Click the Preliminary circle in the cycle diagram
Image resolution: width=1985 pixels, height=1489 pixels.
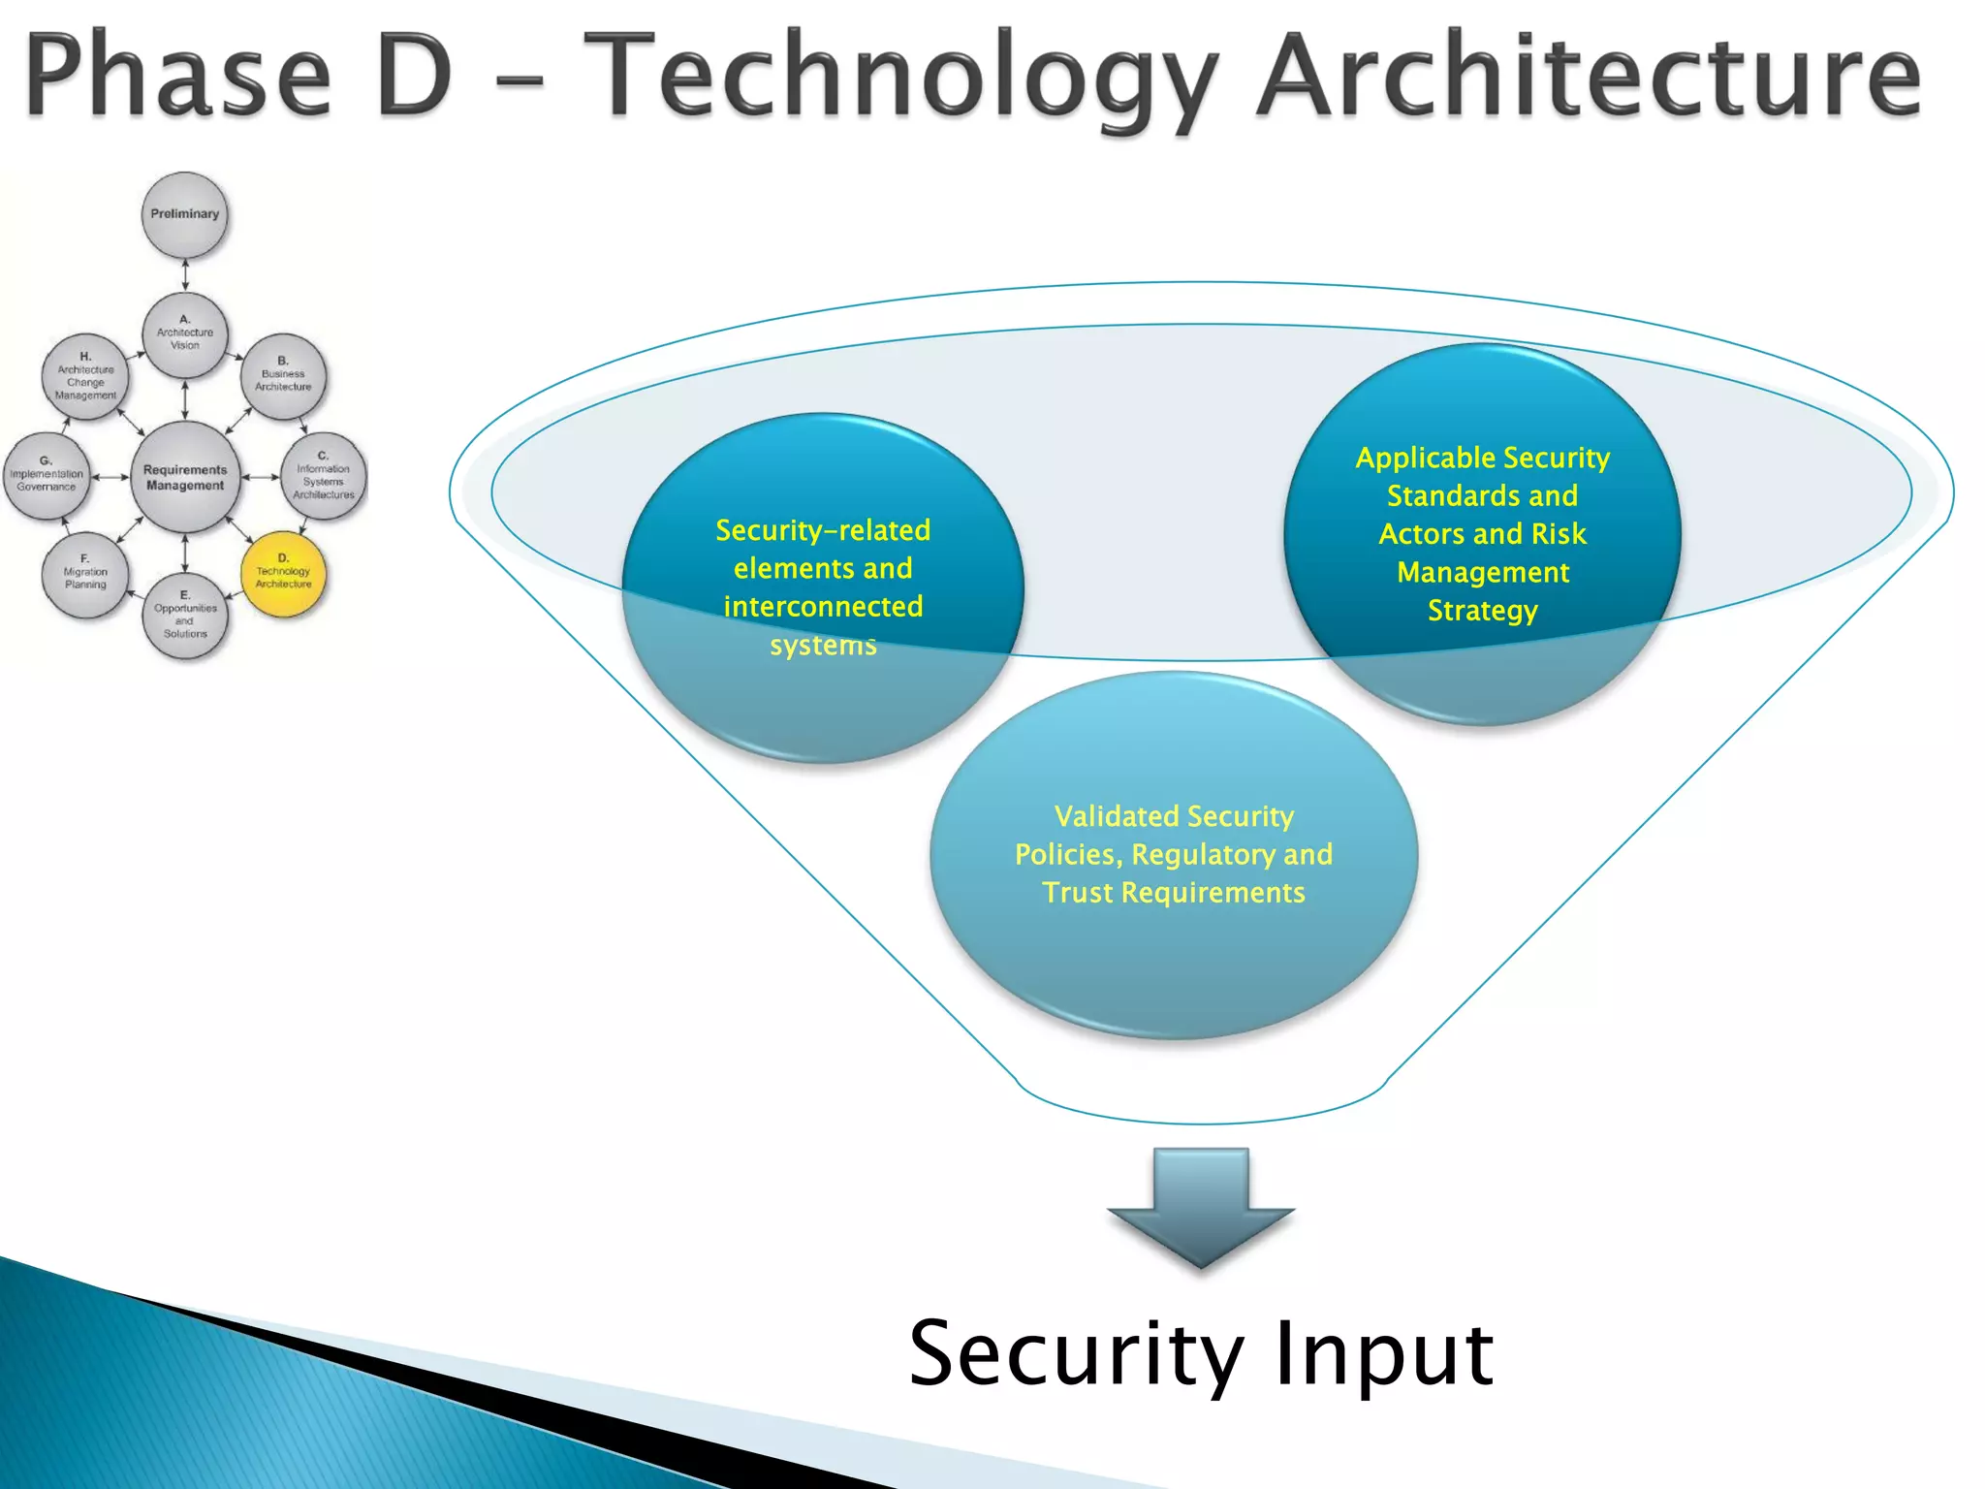click(185, 214)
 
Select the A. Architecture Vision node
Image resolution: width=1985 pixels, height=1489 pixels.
click(185, 333)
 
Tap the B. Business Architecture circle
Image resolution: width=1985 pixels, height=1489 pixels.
click(283, 375)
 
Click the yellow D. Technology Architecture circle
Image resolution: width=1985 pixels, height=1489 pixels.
click(283, 573)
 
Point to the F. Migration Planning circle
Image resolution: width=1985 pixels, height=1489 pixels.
click(85, 575)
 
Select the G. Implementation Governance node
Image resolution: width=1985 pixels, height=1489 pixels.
click(47, 475)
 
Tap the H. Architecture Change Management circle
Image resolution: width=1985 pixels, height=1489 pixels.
click(85, 378)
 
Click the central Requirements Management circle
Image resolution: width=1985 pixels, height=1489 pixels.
click(185, 477)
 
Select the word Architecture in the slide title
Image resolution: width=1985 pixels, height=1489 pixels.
click(1590, 74)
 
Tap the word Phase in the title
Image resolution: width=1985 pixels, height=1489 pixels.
click(179, 76)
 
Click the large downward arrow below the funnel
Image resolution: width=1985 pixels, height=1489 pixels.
click(1201, 1207)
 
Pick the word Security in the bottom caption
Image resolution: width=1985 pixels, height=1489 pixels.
click(1076, 1355)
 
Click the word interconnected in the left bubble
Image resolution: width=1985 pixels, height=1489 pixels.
click(823, 607)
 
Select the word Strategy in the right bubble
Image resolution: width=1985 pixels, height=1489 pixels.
click(1482, 611)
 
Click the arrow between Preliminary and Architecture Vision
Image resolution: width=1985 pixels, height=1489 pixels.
click(185, 274)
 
